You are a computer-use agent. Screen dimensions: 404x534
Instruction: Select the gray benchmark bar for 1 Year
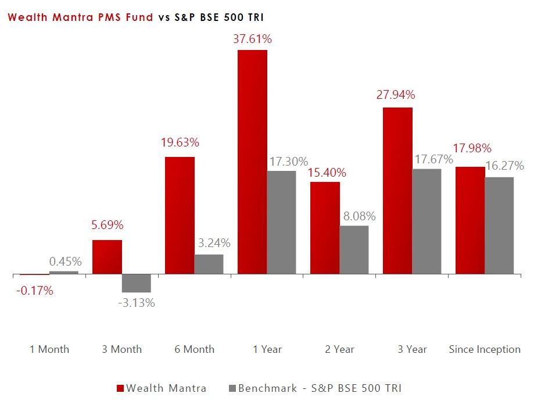pyautogui.click(x=281, y=222)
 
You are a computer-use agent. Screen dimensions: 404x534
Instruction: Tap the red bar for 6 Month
pyautogui.click(x=180, y=215)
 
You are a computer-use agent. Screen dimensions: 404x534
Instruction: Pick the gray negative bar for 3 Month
pyautogui.click(x=136, y=283)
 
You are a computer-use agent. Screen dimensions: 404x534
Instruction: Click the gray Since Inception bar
pyautogui.click(x=499, y=225)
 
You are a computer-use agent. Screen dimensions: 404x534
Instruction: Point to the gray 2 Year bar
pyautogui.click(x=354, y=249)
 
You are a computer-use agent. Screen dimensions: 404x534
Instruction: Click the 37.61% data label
pyautogui.click(x=252, y=40)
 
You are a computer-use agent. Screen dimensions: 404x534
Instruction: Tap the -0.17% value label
pyautogui.click(x=33, y=291)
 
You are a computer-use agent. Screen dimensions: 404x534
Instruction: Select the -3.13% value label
pyautogui.click(x=136, y=303)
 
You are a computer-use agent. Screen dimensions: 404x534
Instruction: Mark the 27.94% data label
pyautogui.click(x=396, y=95)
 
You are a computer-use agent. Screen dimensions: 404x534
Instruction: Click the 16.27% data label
pyautogui.click(x=504, y=166)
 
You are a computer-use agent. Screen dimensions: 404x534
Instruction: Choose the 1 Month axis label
pyautogui.click(x=49, y=349)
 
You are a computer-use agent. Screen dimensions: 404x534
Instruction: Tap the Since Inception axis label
pyautogui.click(x=485, y=349)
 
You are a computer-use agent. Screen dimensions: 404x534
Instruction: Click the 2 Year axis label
pyautogui.click(x=339, y=349)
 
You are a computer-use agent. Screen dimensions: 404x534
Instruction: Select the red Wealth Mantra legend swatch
pyautogui.click(x=120, y=388)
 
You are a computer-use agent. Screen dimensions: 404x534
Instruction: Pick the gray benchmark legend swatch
pyautogui.click(x=232, y=388)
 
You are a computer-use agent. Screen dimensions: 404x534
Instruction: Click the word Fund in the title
pyautogui.click(x=140, y=17)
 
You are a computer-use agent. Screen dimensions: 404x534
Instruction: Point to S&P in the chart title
pyautogui.click(x=185, y=17)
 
